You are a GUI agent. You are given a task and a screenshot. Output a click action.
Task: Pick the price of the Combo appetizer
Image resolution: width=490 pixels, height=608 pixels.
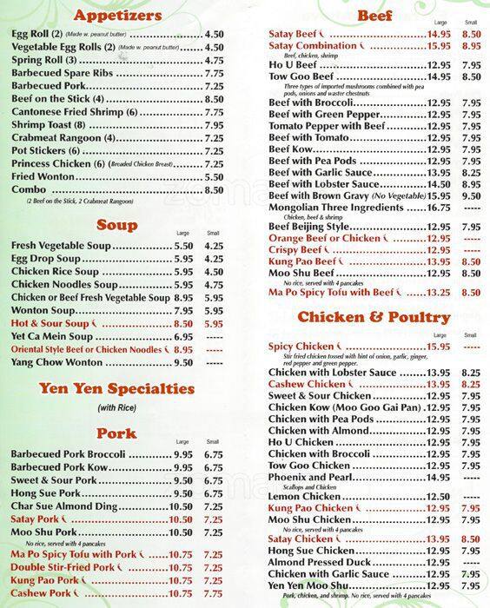214,189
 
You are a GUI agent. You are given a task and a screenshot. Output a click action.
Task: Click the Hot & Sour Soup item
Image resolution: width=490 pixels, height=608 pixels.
54,323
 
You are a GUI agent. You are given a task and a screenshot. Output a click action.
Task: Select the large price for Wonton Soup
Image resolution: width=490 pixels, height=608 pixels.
182,310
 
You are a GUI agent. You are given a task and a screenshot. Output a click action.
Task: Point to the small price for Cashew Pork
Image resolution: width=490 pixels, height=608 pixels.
214,592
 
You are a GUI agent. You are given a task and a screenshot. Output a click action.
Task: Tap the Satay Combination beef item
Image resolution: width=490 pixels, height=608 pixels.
313,45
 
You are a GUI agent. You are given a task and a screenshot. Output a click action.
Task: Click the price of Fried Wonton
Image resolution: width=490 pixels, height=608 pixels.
214,176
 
